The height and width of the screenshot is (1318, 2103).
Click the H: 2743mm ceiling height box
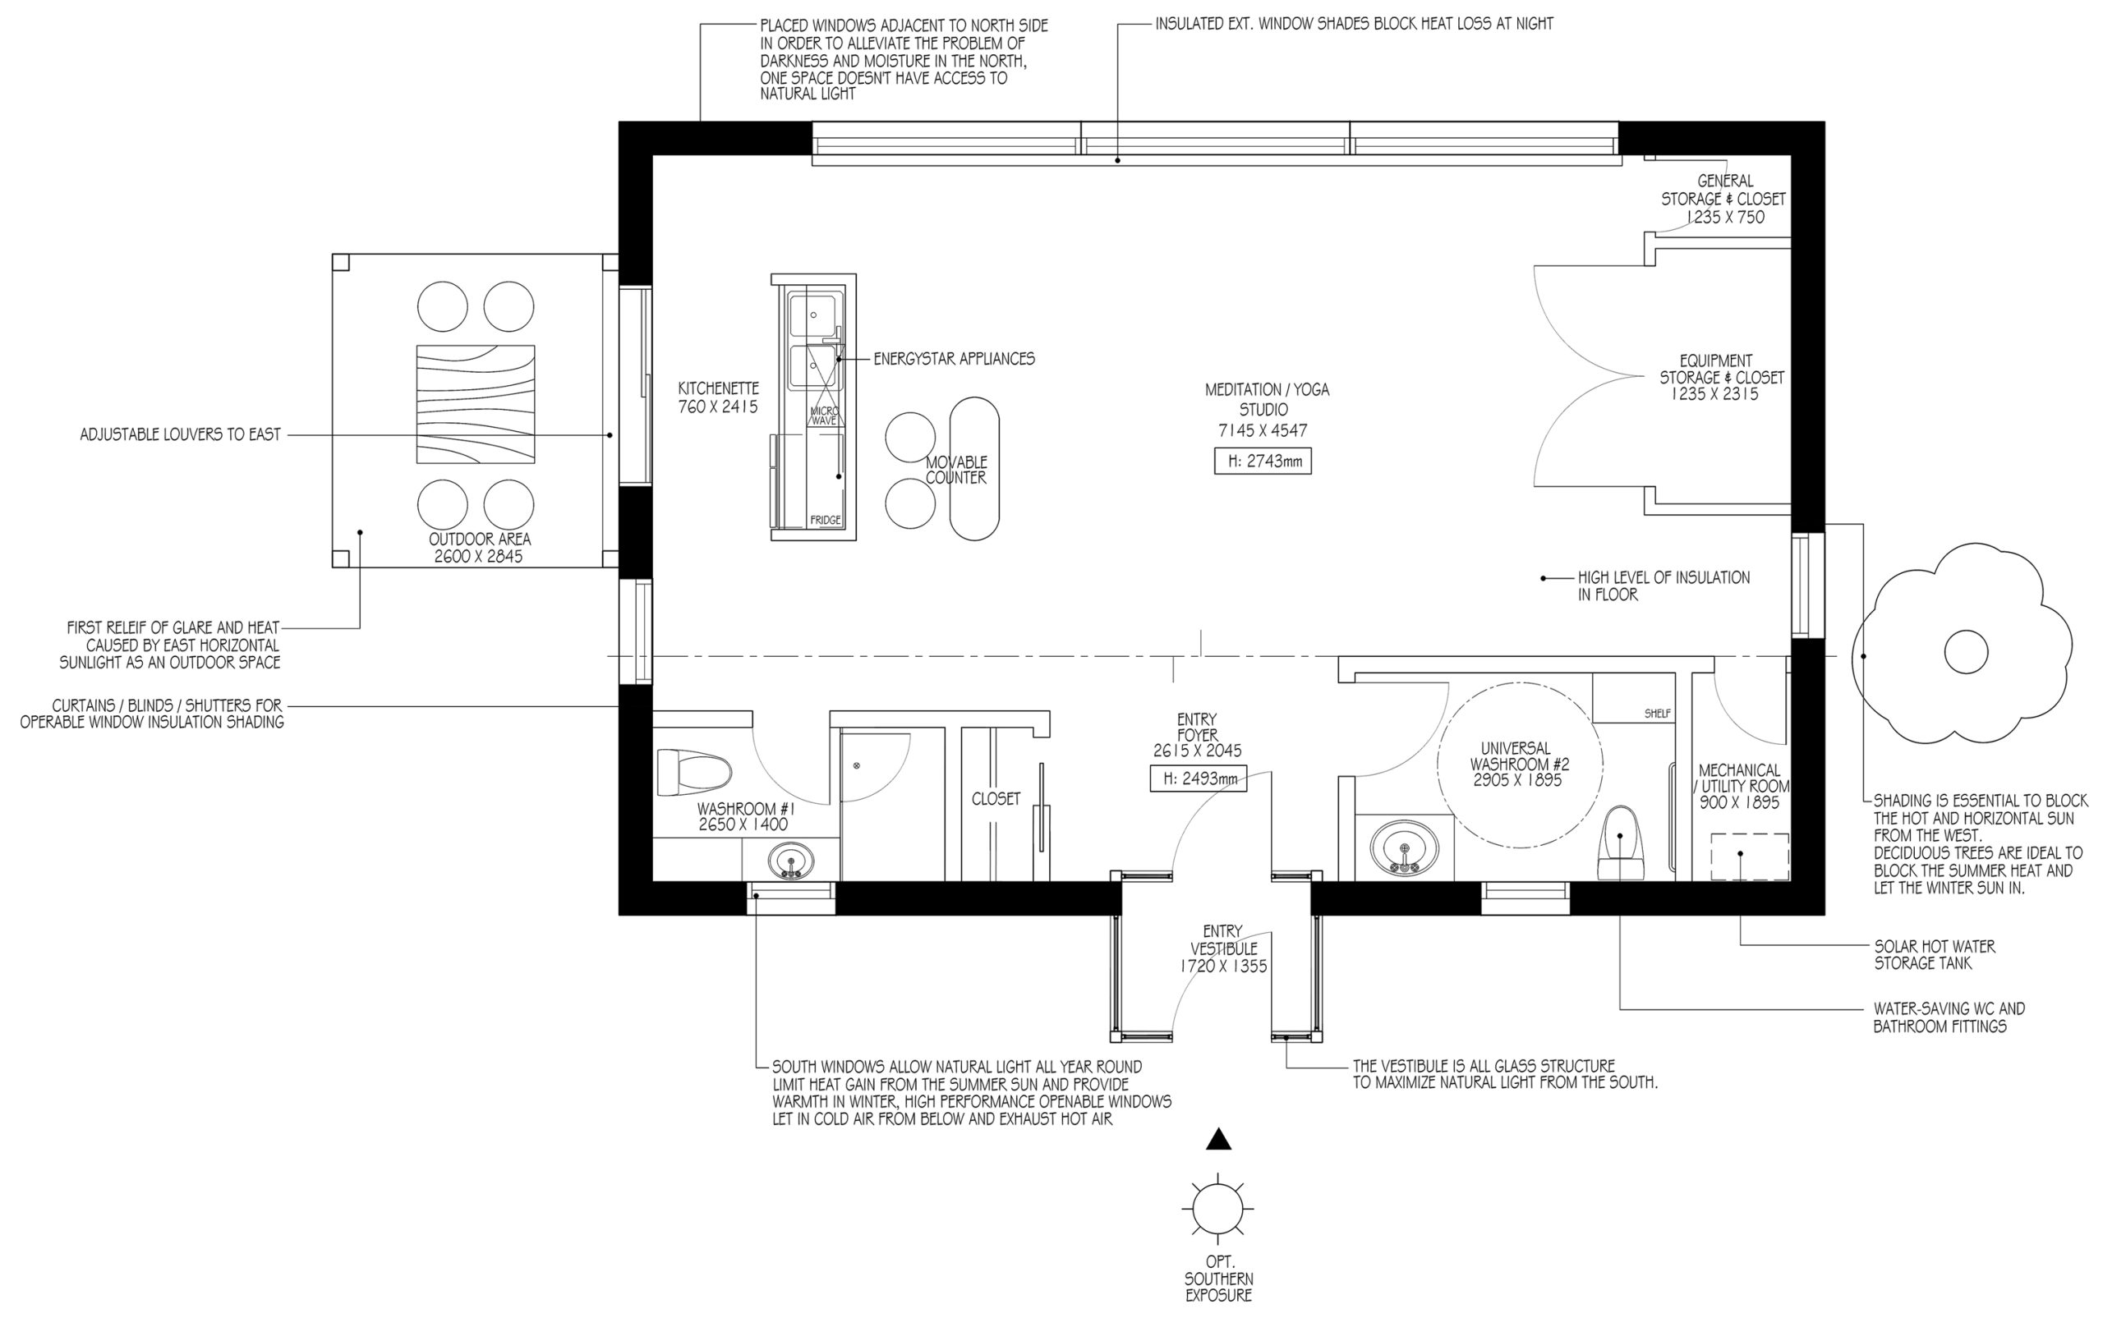click(1263, 462)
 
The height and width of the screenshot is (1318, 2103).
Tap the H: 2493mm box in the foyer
click(1198, 778)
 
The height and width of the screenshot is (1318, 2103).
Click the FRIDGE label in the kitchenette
click(825, 521)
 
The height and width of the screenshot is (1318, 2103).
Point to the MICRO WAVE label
click(823, 416)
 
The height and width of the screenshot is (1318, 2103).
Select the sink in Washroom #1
click(792, 861)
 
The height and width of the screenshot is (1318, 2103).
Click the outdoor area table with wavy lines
click(475, 403)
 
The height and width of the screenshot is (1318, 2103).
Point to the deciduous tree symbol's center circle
click(1966, 652)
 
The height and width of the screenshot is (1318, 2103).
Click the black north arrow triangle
click(1218, 1139)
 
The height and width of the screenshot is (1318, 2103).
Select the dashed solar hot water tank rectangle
click(1749, 856)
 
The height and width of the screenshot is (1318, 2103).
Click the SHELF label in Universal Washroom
click(1658, 713)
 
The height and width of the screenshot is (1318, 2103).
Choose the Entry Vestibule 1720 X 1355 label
click(1223, 948)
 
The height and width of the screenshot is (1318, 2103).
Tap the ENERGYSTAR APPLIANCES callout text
click(954, 358)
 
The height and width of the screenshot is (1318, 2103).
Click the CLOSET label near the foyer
click(996, 798)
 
